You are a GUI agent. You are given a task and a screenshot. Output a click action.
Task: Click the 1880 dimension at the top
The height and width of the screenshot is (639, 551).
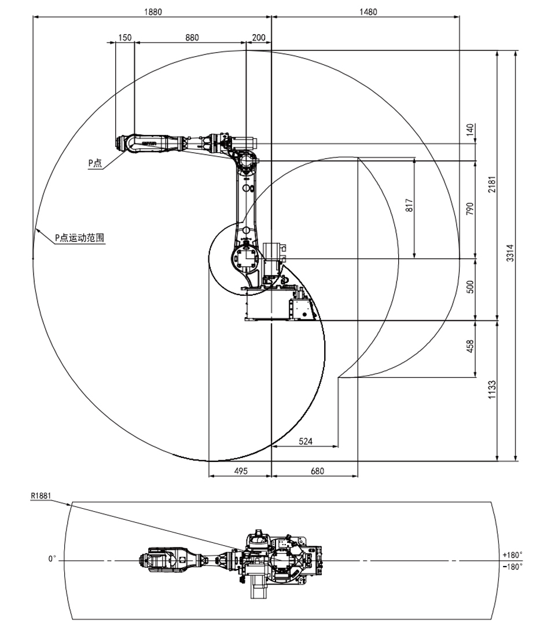(x=153, y=12)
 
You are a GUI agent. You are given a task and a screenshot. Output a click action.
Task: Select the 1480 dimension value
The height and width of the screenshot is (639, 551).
(x=368, y=12)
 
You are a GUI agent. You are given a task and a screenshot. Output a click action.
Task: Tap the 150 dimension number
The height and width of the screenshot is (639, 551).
(x=124, y=38)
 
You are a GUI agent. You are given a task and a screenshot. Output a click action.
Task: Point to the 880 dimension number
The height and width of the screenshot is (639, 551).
(x=192, y=38)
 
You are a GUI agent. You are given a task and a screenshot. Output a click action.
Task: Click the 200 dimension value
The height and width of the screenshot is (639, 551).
(x=259, y=38)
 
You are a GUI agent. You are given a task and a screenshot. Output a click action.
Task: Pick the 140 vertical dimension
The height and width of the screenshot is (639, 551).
(x=469, y=129)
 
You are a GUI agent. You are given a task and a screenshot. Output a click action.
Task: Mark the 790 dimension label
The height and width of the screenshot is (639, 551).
(x=469, y=208)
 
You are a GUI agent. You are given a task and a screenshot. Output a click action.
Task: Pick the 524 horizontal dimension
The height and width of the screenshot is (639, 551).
(x=305, y=442)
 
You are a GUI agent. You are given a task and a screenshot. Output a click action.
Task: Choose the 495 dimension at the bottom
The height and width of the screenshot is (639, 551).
(x=240, y=471)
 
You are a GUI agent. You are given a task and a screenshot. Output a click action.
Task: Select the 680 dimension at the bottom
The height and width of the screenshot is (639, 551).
(x=317, y=471)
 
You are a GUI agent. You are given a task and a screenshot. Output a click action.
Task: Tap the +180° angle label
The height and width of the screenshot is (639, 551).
(x=513, y=554)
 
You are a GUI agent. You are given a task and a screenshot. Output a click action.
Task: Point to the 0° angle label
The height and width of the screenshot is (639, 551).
(x=52, y=560)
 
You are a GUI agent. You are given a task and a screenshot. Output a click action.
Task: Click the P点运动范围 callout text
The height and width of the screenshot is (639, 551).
(x=79, y=237)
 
